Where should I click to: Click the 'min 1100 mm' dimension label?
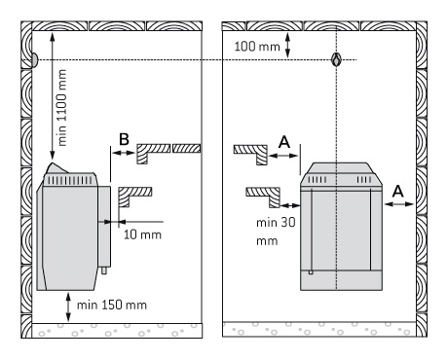[x=61, y=108]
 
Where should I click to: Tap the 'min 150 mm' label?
[x=112, y=306]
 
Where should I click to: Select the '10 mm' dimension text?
[x=142, y=234]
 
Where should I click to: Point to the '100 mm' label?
[x=257, y=47]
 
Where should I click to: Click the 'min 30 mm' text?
[x=276, y=232]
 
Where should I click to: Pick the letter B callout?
[x=124, y=139]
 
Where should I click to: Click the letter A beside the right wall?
[x=398, y=191]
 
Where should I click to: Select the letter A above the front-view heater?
[x=284, y=142]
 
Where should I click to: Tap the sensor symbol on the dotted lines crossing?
[x=336, y=59]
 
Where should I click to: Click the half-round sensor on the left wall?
[x=35, y=60]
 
